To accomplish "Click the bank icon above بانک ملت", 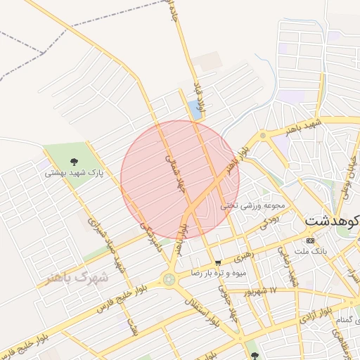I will (310, 240).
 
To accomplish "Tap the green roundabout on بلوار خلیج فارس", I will (169, 279).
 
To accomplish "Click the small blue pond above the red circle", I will (194, 110).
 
